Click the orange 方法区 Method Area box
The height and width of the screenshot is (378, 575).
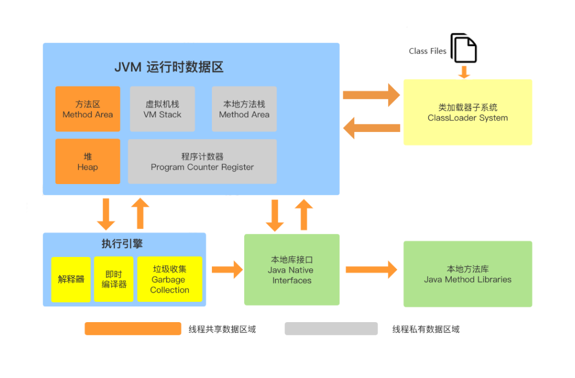tap(88, 109)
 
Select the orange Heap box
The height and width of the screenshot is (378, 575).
tap(88, 162)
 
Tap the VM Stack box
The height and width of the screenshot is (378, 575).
tap(162, 109)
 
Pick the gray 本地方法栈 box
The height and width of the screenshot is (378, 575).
tap(244, 109)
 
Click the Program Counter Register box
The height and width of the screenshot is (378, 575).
tap(202, 162)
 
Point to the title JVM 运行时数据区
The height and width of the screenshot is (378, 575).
tap(169, 67)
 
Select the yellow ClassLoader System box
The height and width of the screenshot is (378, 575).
tap(468, 112)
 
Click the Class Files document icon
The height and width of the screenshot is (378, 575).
tap(464, 48)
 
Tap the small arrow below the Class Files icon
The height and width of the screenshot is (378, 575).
tap(464, 72)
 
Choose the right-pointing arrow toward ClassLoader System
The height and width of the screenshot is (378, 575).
tap(371, 95)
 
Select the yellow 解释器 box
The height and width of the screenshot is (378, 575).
tap(71, 279)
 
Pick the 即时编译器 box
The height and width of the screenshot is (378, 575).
tap(114, 279)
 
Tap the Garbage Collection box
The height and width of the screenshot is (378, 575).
tap(170, 279)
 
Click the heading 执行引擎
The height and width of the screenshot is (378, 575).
tap(122, 244)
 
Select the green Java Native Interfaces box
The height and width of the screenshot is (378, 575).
tap(292, 270)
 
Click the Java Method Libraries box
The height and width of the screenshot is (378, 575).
tap(468, 274)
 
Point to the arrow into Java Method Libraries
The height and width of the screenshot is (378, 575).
tap(371, 270)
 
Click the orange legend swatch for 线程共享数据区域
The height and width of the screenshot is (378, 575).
tap(133, 329)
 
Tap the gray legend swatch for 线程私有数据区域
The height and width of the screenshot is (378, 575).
tap(331, 329)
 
